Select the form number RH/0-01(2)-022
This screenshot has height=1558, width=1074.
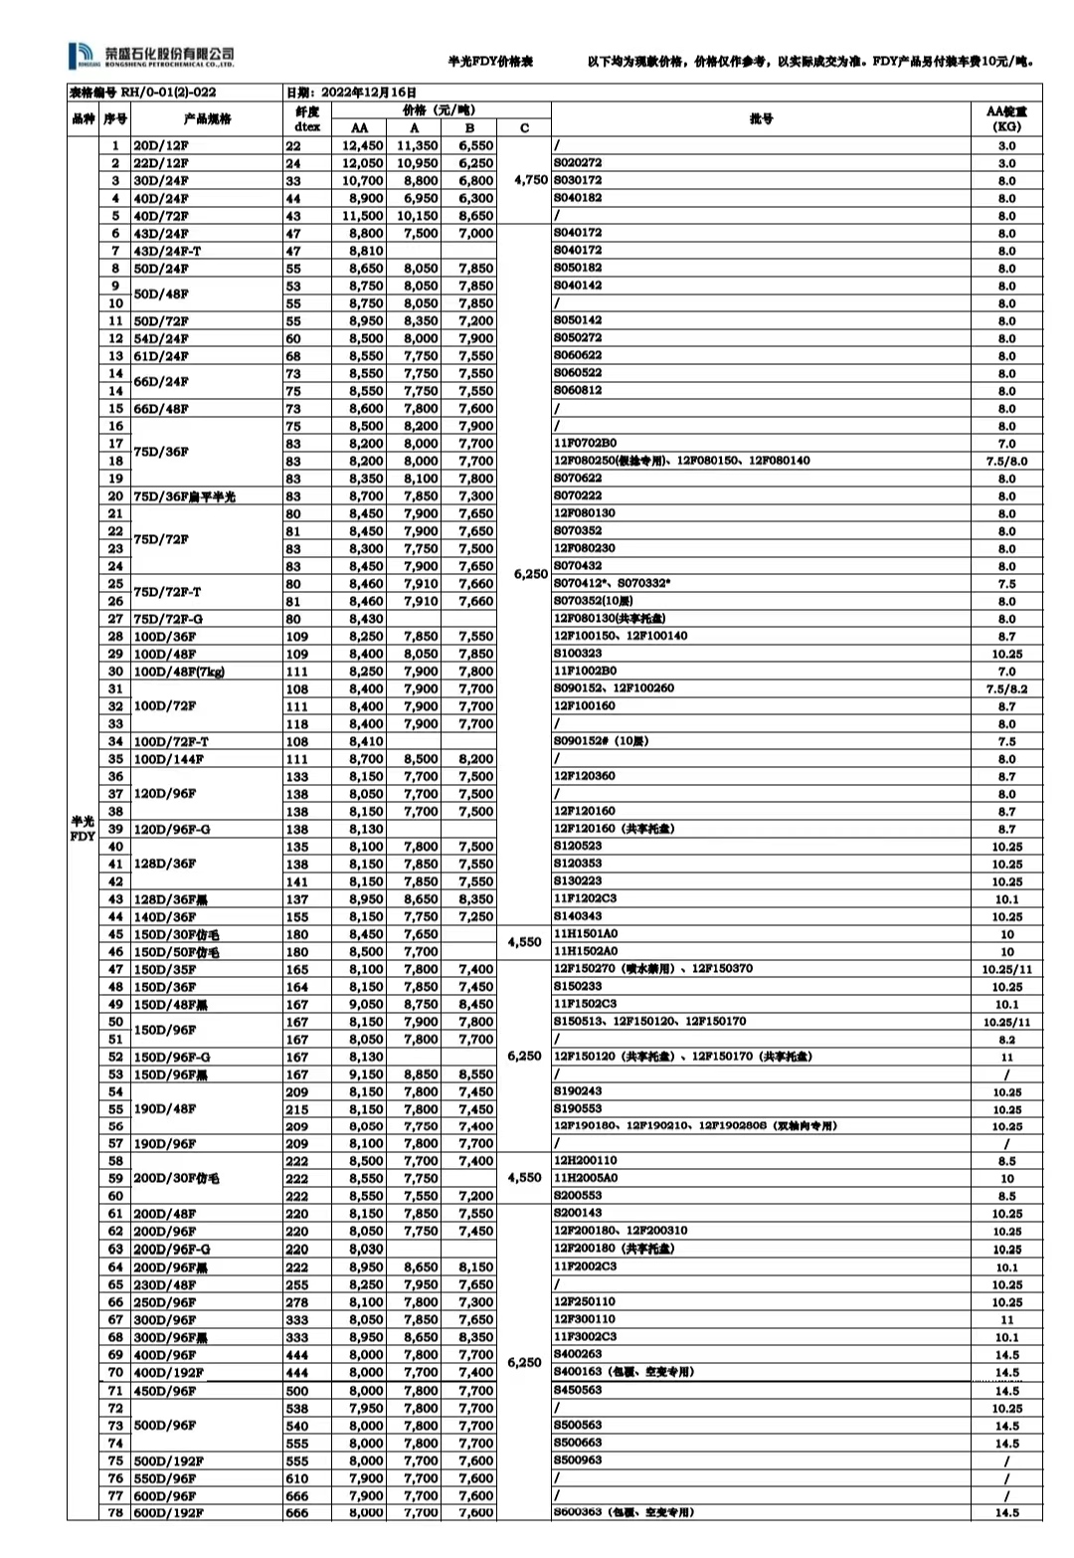click(x=142, y=93)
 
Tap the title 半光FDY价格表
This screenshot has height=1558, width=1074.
click(x=490, y=62)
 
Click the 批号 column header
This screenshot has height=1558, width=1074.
click(x=761, y=118)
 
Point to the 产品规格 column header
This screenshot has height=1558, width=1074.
click(x=207, y=118)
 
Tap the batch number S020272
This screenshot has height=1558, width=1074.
click(x=578, y=162)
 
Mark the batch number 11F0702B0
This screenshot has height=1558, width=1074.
click(x=585, y=443)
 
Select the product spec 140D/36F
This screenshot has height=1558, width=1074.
click(x=164, y=917)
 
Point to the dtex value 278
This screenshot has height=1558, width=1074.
click(x=296, y=1302)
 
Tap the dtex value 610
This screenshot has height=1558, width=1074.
click(x=296, y=1478)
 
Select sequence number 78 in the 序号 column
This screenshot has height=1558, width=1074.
click(x=115, y=1513)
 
